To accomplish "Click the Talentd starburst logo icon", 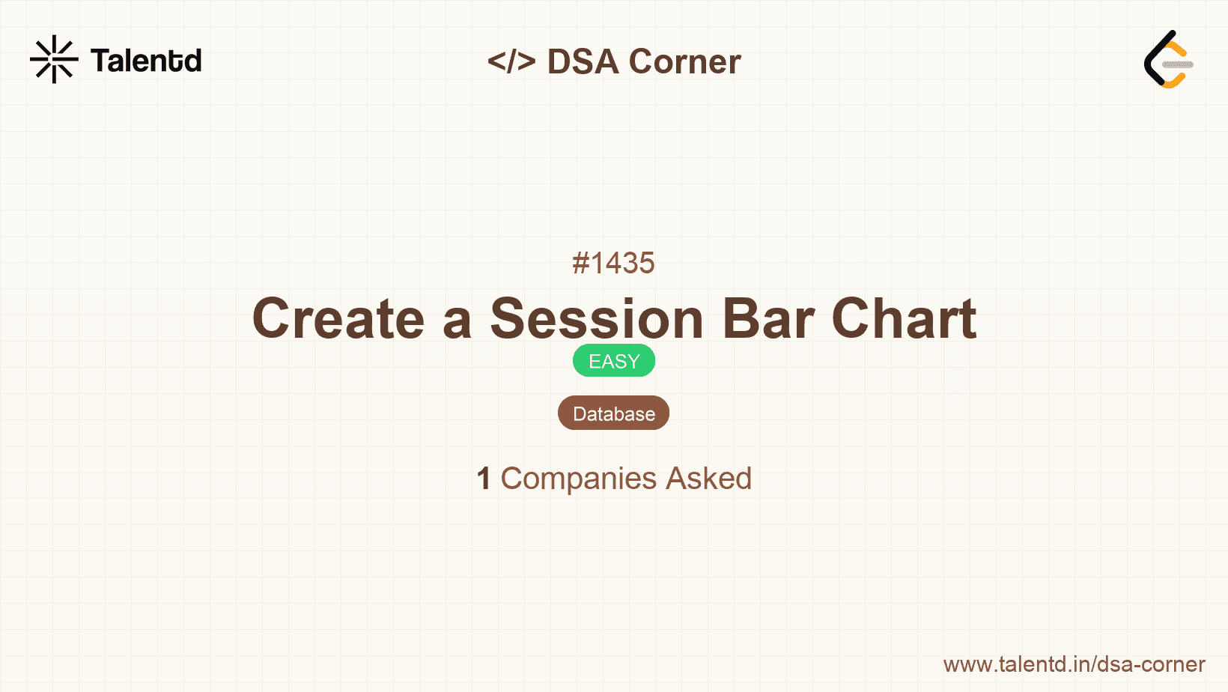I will tap(54, 59).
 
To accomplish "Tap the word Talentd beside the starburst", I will tap(146, 61).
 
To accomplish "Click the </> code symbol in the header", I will tap(511, 61).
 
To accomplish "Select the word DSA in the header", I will tap(583, 61).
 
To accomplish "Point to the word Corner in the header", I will tap(684, 61).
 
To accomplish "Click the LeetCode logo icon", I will tap(1168, 60).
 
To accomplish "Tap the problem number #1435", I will tap(613, 263).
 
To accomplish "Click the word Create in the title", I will tap(338, 319).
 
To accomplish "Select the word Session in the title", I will tap(597, 319).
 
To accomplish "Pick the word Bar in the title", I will tap(767, 319).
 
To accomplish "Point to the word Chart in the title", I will tap(904, 319).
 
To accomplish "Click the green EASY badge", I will tap(613, 361).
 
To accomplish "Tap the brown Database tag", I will tap(613, 413).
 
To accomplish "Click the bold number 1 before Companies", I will tap(484, 479).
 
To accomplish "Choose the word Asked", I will tap(708, 479).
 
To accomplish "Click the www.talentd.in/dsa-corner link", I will tap(1074, 664).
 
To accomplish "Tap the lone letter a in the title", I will tap(457, 321).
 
